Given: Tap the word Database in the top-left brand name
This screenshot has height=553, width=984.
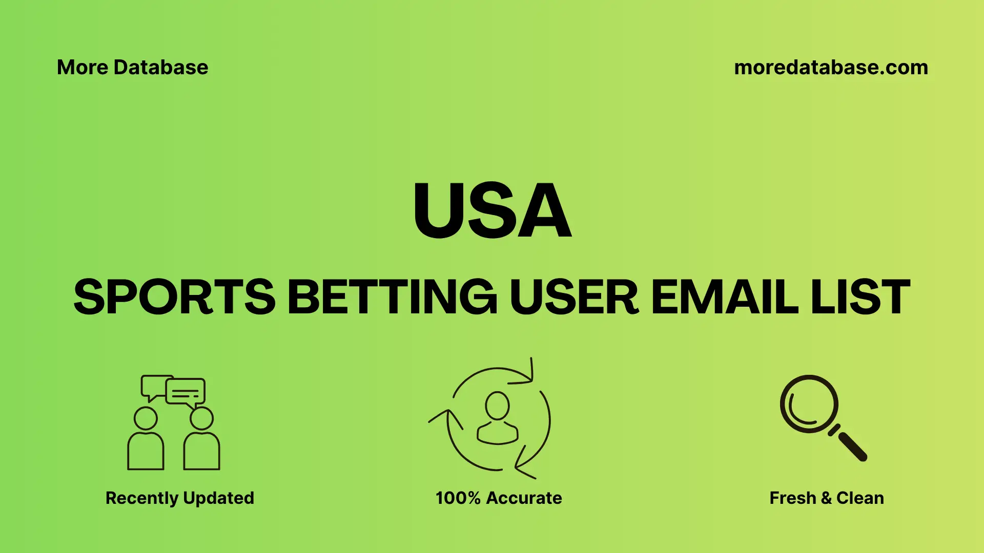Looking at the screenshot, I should coord(161,68).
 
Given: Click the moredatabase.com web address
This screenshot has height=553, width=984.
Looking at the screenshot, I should coord(831,68).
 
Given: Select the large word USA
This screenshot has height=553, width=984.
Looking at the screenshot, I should coord(492,210).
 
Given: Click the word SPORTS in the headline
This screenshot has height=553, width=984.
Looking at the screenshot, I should coord(175,297).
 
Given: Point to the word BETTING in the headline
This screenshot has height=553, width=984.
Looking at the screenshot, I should coord(392,297).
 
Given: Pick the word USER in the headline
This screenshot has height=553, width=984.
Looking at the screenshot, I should coord(574,297).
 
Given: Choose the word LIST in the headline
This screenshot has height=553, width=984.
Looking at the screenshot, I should coord(860,297).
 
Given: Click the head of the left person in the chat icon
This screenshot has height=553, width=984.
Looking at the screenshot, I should coord(146,418).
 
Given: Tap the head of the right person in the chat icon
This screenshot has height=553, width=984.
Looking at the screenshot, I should coord(201,418).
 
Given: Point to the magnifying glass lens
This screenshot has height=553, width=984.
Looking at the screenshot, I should coord(809,404).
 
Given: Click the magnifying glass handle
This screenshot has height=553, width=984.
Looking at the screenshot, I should coord(851,445).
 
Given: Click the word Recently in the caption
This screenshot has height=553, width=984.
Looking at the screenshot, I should coord(141,498).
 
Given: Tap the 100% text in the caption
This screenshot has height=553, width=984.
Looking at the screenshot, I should coord(458,498).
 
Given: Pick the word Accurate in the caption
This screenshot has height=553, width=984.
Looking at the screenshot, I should coord(524,498).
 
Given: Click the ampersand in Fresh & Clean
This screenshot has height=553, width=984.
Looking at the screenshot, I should coord(826,498).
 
